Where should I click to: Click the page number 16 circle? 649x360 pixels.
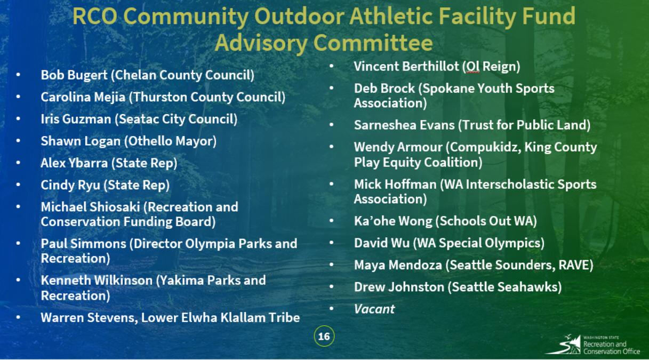[x=324, y=336]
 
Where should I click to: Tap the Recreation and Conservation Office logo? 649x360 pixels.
[x=593, y=345]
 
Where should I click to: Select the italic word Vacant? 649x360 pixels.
[x=374, y=309]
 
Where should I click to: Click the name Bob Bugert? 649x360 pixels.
[x=74, y=75]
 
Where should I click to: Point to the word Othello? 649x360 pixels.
[x=150, y=141]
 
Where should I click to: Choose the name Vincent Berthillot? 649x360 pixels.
[x=406, y=66]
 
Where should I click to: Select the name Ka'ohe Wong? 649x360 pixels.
[x=393, y=221]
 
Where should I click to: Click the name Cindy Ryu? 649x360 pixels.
[x=70, y=186]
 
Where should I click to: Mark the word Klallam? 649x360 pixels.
[x=243, y=318]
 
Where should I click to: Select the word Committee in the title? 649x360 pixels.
[x=373, y=43]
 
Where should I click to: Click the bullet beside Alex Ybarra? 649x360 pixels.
[x=18, y=163]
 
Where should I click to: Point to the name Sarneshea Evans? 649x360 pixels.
[x=404, y=125]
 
